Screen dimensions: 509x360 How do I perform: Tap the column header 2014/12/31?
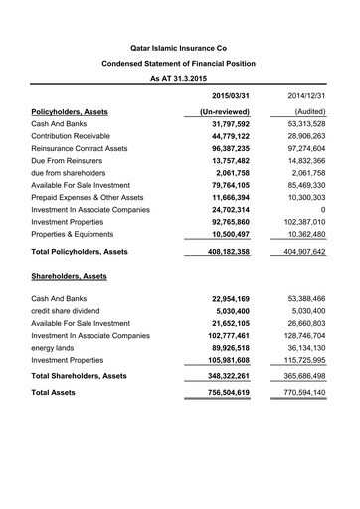(x=308, y=95)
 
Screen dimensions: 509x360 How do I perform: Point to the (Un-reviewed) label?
(x=231, y=113)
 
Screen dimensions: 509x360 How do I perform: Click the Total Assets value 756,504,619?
(x=233, y=422)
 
